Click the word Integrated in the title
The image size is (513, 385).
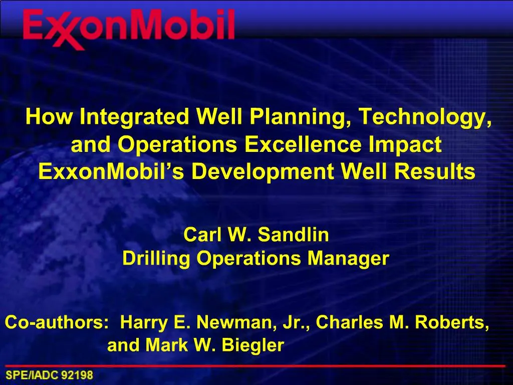click(135, 117)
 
